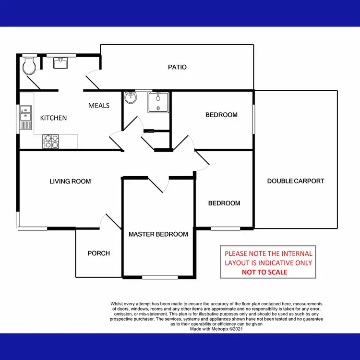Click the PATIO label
(x=177, y=67)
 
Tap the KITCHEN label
(x=53, y=118)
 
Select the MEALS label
(x=99, y=106)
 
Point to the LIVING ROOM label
(x=70, y=181)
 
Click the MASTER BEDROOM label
(x=158, y=234)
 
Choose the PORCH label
(x=98, y=253)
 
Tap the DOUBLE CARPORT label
(x=296, y=181)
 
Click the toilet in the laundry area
(x=29, y=66)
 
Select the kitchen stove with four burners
(x=51, y=141)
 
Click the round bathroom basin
(x=130, y=98)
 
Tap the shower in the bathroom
(x=158, y=102)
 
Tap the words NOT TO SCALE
(x=264, y=272)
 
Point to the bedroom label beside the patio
(x=221, y=115)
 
